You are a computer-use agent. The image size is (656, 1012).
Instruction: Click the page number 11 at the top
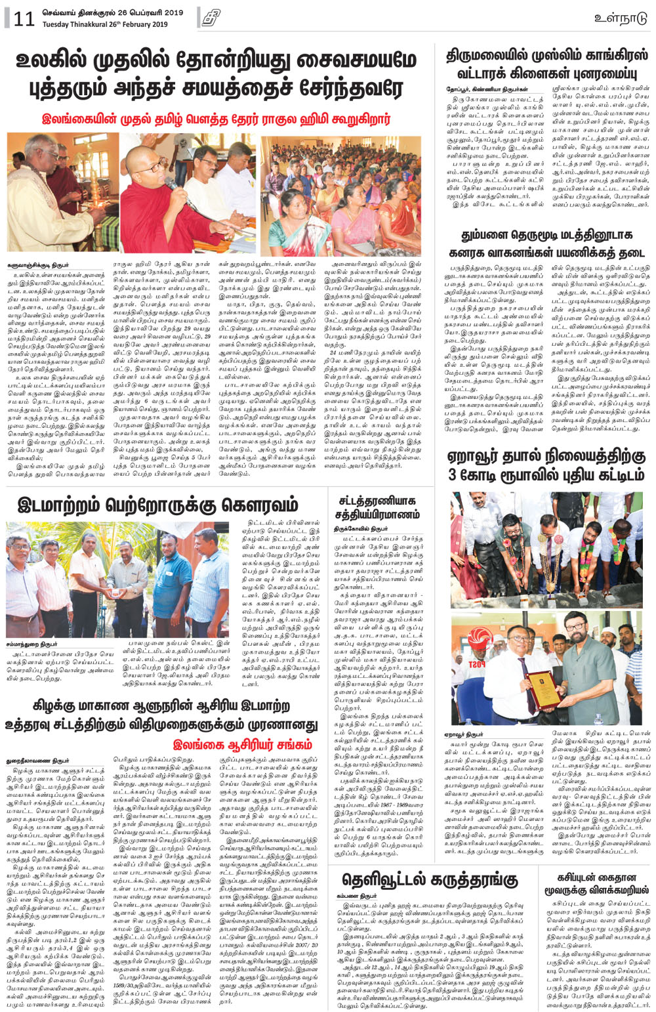23,18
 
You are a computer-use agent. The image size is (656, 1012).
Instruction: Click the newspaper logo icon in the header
210,18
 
